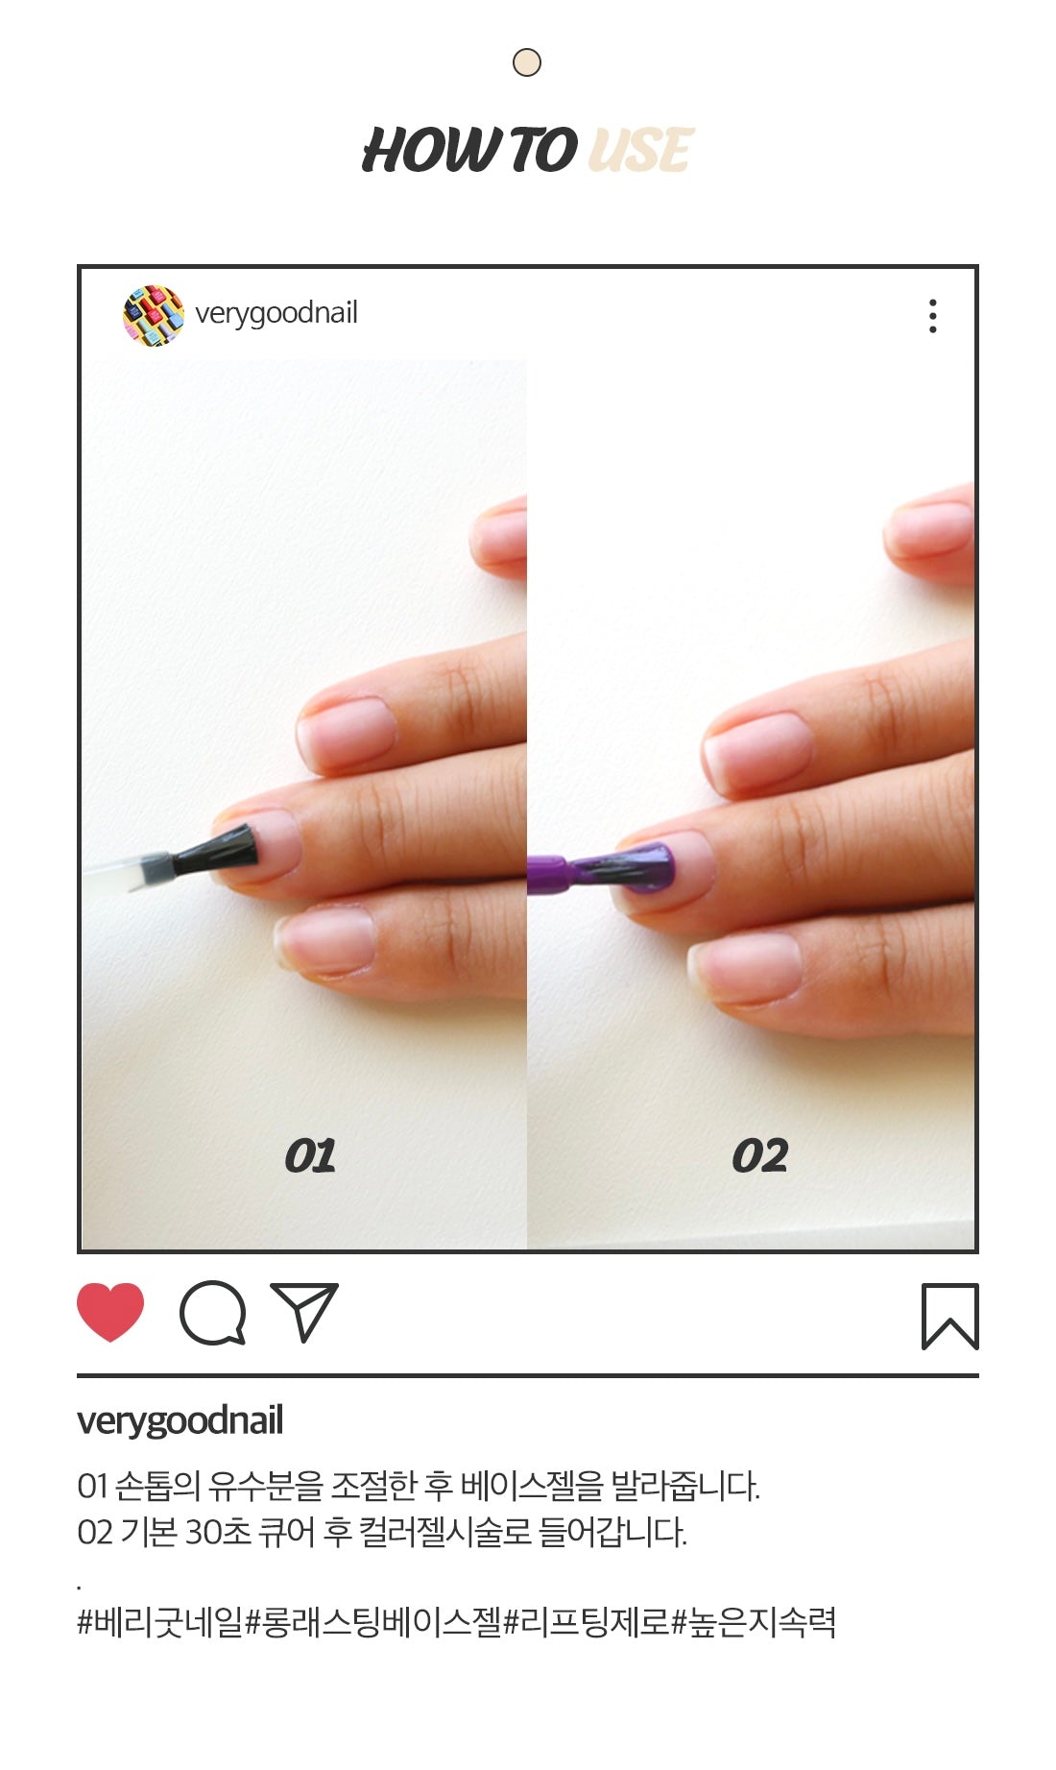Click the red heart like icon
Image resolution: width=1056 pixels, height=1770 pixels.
point(110,1311)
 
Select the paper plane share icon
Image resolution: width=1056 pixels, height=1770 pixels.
point(305,1311)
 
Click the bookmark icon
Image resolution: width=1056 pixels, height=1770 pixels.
point(949,1316)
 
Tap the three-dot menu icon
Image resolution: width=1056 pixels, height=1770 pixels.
point(932,316)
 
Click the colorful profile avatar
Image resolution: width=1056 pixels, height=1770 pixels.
point(154,315)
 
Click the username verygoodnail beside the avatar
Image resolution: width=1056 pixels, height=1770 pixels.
point(276,313)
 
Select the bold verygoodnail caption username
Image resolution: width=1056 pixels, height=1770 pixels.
point(180,1421)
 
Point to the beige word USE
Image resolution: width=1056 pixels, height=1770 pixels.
point(639,151)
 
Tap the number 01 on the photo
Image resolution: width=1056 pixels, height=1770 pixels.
point(310,1156)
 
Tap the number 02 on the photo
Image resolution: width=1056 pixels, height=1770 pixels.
point(759,1156)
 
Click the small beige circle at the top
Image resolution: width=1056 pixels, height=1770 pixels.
point(527,63)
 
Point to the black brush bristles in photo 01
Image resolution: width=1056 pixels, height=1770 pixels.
point(215,849)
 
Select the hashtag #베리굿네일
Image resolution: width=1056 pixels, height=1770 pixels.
point(160,1622)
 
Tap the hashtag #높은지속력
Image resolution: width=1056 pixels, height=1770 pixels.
point(754,1622)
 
